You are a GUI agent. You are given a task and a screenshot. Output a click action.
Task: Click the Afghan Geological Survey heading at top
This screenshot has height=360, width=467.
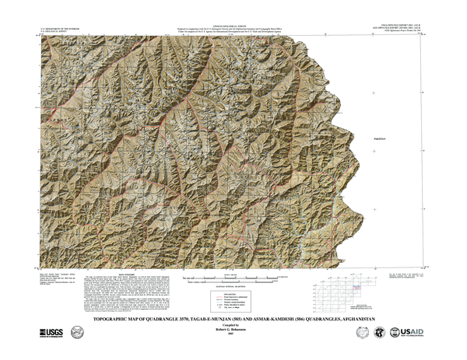(233, 24)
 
